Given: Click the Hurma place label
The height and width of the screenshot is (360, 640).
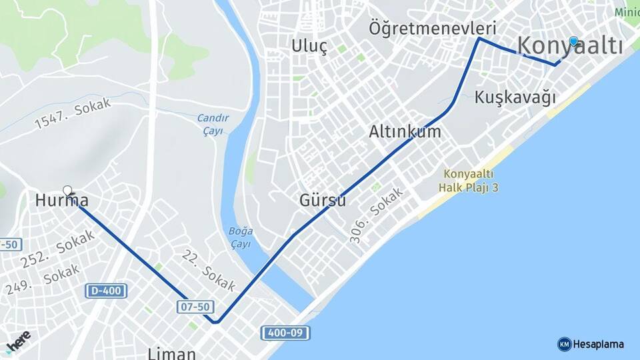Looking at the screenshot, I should [x=61, y=200].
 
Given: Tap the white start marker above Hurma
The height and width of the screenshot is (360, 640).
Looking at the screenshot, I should [x=67, y=191].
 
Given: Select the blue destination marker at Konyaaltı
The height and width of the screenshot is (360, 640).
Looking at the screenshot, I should [x=573, y=41].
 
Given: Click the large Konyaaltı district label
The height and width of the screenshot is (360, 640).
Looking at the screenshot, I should [x=570, y=46].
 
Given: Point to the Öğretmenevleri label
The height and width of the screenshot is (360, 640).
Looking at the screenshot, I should [x=433, y=29].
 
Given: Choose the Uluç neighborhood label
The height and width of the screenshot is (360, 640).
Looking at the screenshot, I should [x=309, y=46].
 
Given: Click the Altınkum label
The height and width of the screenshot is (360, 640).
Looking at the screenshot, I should [x=405, y=131].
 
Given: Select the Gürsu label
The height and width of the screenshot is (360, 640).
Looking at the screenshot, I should [x=323, y=200].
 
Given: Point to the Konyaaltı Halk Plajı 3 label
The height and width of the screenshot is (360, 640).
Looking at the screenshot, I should [x=469, y=180].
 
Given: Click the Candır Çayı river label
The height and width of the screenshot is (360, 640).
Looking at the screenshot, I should [x=213, y=124].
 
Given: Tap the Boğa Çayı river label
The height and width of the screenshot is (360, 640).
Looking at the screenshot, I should [x=241, y=237].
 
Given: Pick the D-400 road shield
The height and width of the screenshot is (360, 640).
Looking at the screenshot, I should [x=106, y=291].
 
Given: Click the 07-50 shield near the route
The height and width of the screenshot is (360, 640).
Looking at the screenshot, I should [x=195, y=307].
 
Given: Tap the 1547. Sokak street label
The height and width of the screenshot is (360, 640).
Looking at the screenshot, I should [x=73, y=114].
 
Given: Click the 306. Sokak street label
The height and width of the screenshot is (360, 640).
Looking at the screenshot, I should [x=377, y=215].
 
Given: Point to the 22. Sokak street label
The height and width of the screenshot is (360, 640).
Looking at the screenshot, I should [x=209, y=270].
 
